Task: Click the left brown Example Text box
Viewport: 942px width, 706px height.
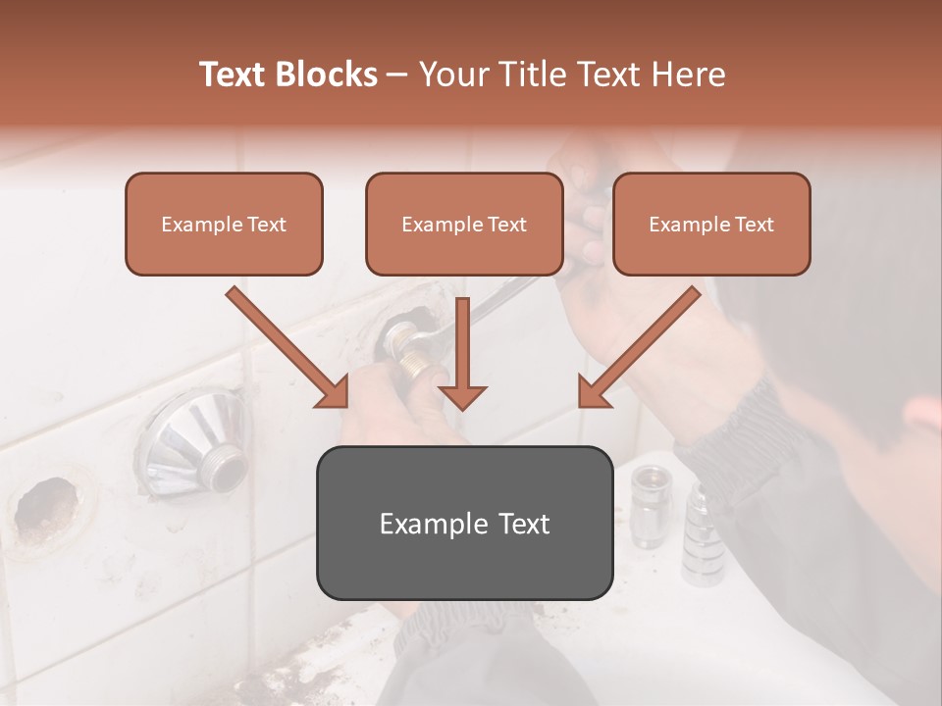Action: coord(224,225)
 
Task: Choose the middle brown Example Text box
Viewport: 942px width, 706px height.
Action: coord(464,225)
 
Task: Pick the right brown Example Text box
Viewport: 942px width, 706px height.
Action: coord(711,225)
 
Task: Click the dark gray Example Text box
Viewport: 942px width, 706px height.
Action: coord(464,523)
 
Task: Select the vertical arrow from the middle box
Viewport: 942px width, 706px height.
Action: coord(463,353)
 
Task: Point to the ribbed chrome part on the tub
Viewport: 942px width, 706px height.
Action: coord(701,534)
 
